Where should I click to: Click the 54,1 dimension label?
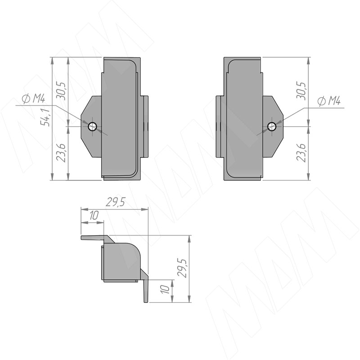tap(45, 117)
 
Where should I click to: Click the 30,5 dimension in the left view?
tap(61, 91)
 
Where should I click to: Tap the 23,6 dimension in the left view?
tap(61, 153)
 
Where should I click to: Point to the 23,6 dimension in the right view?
tap(301, 153)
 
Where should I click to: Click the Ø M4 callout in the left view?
tap(33, 99)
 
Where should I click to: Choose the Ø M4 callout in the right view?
tap(329, 101)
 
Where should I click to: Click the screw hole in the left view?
tap(93, 126)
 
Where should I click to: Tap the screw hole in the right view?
tap(272, 126)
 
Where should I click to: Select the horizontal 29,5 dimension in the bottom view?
tap(116, 202)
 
